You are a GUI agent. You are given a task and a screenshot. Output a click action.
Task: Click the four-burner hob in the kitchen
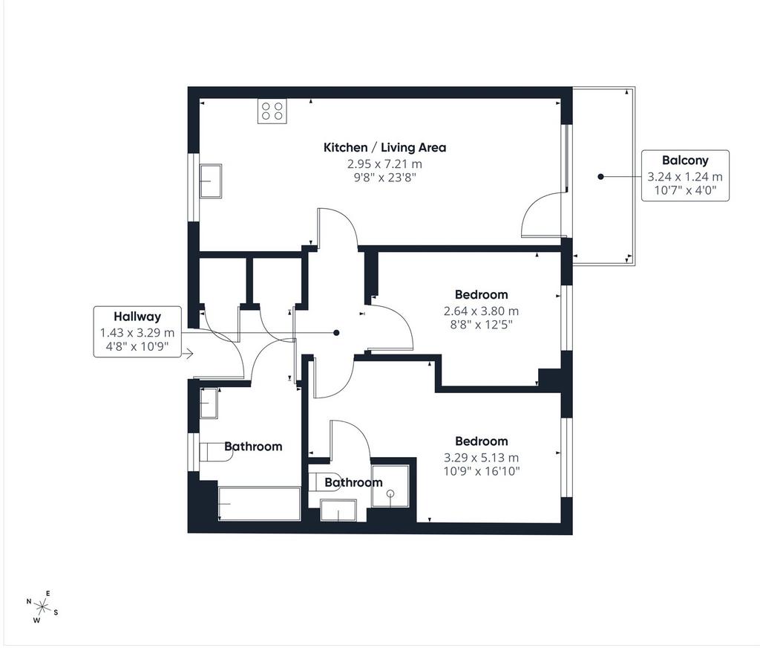coord(272,111)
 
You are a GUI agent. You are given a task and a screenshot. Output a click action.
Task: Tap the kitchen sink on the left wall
coord(210,181)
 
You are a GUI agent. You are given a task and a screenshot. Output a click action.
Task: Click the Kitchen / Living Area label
coord(384,148)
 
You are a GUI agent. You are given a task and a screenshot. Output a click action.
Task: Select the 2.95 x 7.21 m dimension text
coord(384,164)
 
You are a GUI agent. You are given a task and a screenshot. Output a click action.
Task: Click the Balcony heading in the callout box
coord(685,161)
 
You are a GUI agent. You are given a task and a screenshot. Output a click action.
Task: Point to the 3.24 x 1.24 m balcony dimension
coord(685,177)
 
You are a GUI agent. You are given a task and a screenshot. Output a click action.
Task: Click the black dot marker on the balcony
coord(600,177)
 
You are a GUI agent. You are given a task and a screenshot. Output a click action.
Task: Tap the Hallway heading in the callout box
coord(137,317)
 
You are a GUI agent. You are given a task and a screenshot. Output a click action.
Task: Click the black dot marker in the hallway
coord(336,333)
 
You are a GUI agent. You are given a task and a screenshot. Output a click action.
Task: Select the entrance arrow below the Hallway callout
coord(188,354)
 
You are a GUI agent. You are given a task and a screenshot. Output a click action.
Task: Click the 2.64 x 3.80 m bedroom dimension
coord(481,311)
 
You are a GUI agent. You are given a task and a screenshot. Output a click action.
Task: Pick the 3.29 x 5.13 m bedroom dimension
coord(481,457)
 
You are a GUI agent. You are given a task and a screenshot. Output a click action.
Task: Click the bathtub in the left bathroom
coord(259,503)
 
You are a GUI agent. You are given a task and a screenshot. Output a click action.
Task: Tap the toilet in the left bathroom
coord(216,452)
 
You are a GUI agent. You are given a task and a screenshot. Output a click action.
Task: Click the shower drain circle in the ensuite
coord(390,493)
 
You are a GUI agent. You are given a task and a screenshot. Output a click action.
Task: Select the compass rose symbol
coord(42,606)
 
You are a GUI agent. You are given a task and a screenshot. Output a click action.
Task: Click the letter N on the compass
coord(29,601)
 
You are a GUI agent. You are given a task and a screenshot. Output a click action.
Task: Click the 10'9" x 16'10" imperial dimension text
coord(481,471)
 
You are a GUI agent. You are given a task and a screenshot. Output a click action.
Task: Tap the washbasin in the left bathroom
coord(209,403)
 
